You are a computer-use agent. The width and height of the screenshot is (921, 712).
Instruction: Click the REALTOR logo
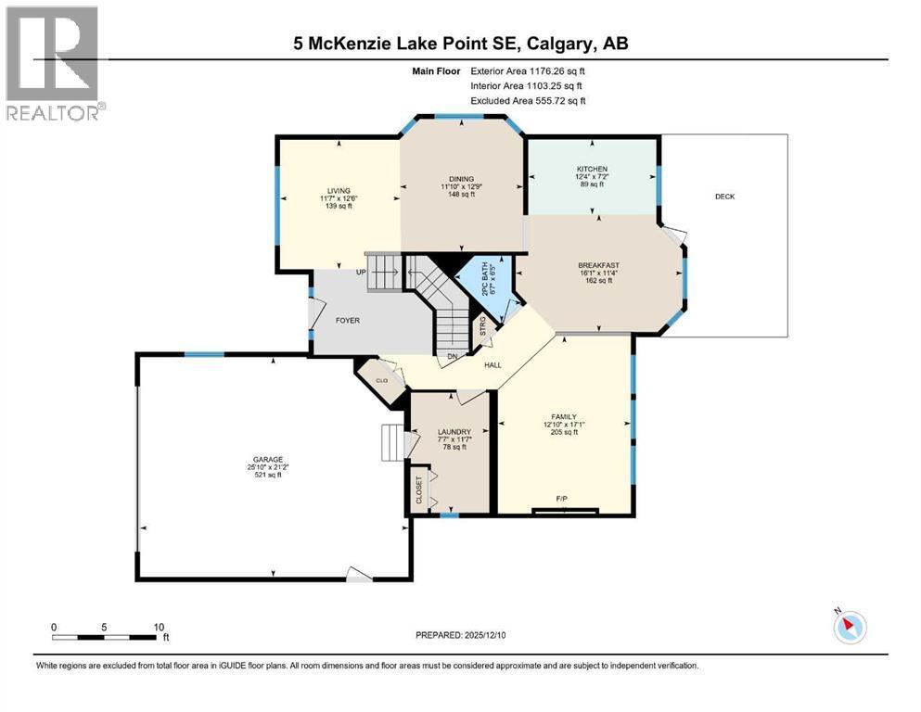[53, 63]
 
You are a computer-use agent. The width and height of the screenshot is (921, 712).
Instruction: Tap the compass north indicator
[849, 627]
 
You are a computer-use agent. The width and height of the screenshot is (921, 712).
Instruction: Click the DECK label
[724, 197]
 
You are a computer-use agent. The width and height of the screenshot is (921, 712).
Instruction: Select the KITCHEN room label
[591, 169]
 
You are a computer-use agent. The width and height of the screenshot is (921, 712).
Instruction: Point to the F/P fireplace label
[561, 500]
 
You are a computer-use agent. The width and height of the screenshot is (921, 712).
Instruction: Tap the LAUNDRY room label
[454, 432]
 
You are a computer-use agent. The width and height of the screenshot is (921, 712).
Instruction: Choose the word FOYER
[347, 321]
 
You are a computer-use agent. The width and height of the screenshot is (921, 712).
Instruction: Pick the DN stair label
[452, 355]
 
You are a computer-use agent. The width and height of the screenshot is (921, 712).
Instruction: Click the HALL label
[492, 365]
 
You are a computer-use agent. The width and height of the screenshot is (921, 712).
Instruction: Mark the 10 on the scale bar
[159, 627]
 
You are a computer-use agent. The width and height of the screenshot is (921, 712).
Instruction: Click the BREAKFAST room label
[597, 265]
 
